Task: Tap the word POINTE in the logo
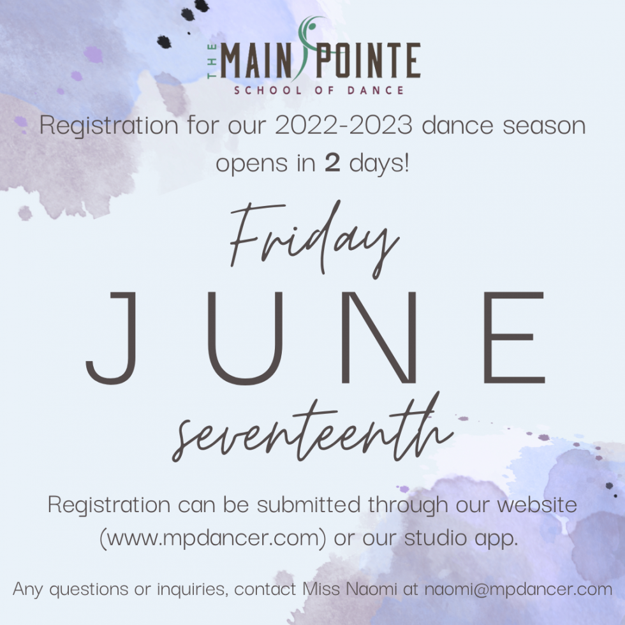click(372, 61)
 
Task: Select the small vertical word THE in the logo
click(211, 61)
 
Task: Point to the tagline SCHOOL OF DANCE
click(318, 90)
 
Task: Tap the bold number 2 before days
click(332, 163)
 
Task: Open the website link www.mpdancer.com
click(213, 538)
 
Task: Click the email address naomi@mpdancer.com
click(517, 589)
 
